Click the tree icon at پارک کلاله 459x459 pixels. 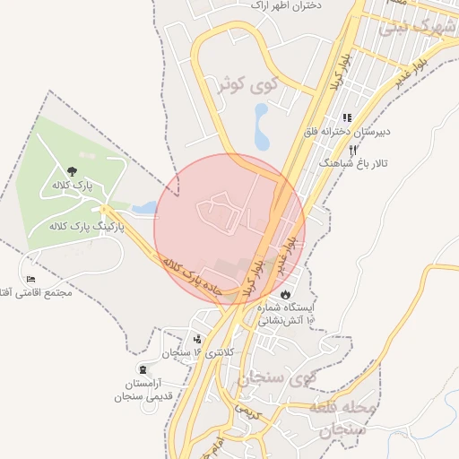72,169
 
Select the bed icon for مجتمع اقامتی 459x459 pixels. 32,280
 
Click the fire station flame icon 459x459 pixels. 285,293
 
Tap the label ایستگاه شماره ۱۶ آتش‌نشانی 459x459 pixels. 287,312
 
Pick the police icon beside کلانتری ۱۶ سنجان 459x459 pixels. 197,339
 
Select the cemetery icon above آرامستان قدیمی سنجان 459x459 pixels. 143,369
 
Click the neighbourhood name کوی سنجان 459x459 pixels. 278,379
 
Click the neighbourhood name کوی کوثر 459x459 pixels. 261,85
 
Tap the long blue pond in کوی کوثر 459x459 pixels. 261,127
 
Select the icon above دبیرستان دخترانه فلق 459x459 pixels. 347,118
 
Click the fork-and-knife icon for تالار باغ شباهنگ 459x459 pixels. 353,150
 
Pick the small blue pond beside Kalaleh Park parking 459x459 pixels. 144,208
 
